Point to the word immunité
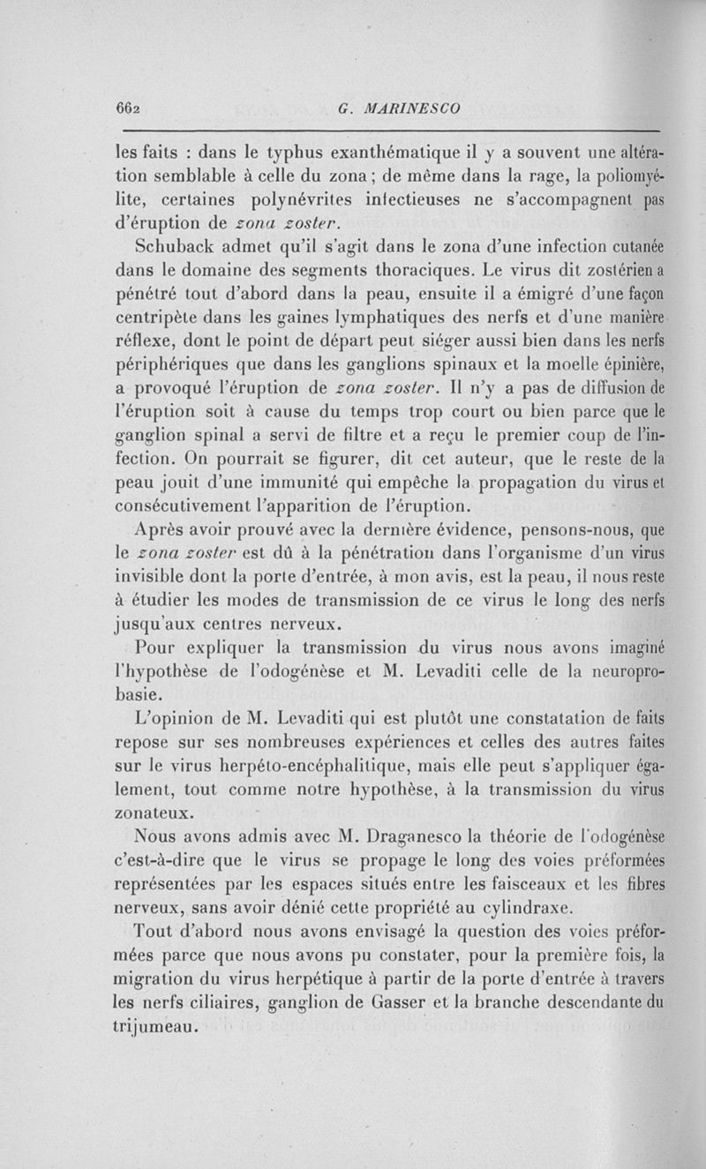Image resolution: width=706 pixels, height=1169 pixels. (x=329, y=483)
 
